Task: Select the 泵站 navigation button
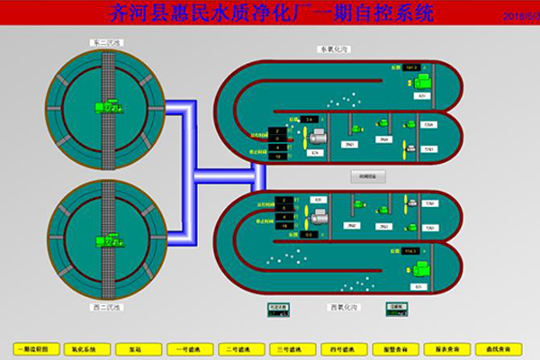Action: [x=135, y=348]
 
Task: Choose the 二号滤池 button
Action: [x=238, y=348]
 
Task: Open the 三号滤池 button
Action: [x=291, y=348]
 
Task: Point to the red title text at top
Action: [x=270, y=13]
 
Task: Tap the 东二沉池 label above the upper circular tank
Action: [x=106, y=42]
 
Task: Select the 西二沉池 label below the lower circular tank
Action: [x=106, y=308]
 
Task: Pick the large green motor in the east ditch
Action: [x=420, y=82]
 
